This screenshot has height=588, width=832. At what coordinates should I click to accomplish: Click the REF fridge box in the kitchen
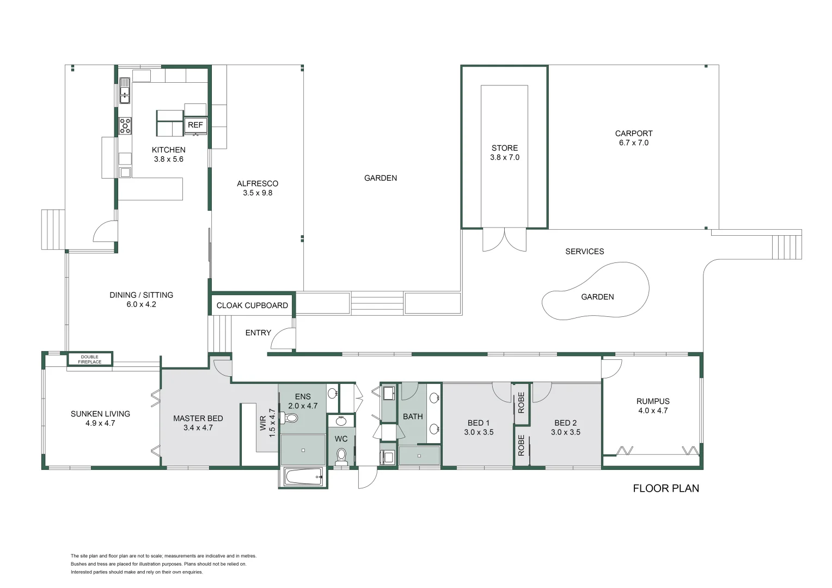195,125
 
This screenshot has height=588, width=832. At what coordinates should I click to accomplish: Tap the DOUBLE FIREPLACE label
90,359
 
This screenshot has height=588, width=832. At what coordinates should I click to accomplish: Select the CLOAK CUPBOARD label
252,305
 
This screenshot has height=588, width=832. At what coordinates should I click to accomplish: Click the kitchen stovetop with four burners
125,126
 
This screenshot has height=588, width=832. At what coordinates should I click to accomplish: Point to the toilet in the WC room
341,456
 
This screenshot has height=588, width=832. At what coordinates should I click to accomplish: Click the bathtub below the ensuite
303,477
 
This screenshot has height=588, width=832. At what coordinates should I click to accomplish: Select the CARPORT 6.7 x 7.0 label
633,138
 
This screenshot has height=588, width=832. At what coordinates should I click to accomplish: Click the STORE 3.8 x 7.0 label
505,152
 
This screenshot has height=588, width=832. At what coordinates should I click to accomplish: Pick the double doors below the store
505,240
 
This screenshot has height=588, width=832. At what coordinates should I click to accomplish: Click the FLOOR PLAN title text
665,488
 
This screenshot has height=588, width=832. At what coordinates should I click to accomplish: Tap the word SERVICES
584,252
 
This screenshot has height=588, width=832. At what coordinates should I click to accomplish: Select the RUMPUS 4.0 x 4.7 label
652,406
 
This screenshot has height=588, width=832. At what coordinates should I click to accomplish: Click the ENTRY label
258,333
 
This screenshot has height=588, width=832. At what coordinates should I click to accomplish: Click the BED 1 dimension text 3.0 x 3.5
479,432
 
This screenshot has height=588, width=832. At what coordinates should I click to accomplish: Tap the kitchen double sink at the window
125,90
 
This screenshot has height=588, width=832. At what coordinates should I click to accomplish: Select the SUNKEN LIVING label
100,418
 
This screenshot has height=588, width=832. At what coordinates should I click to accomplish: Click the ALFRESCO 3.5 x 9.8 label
258,188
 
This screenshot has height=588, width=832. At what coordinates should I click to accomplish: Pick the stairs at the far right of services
787,247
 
